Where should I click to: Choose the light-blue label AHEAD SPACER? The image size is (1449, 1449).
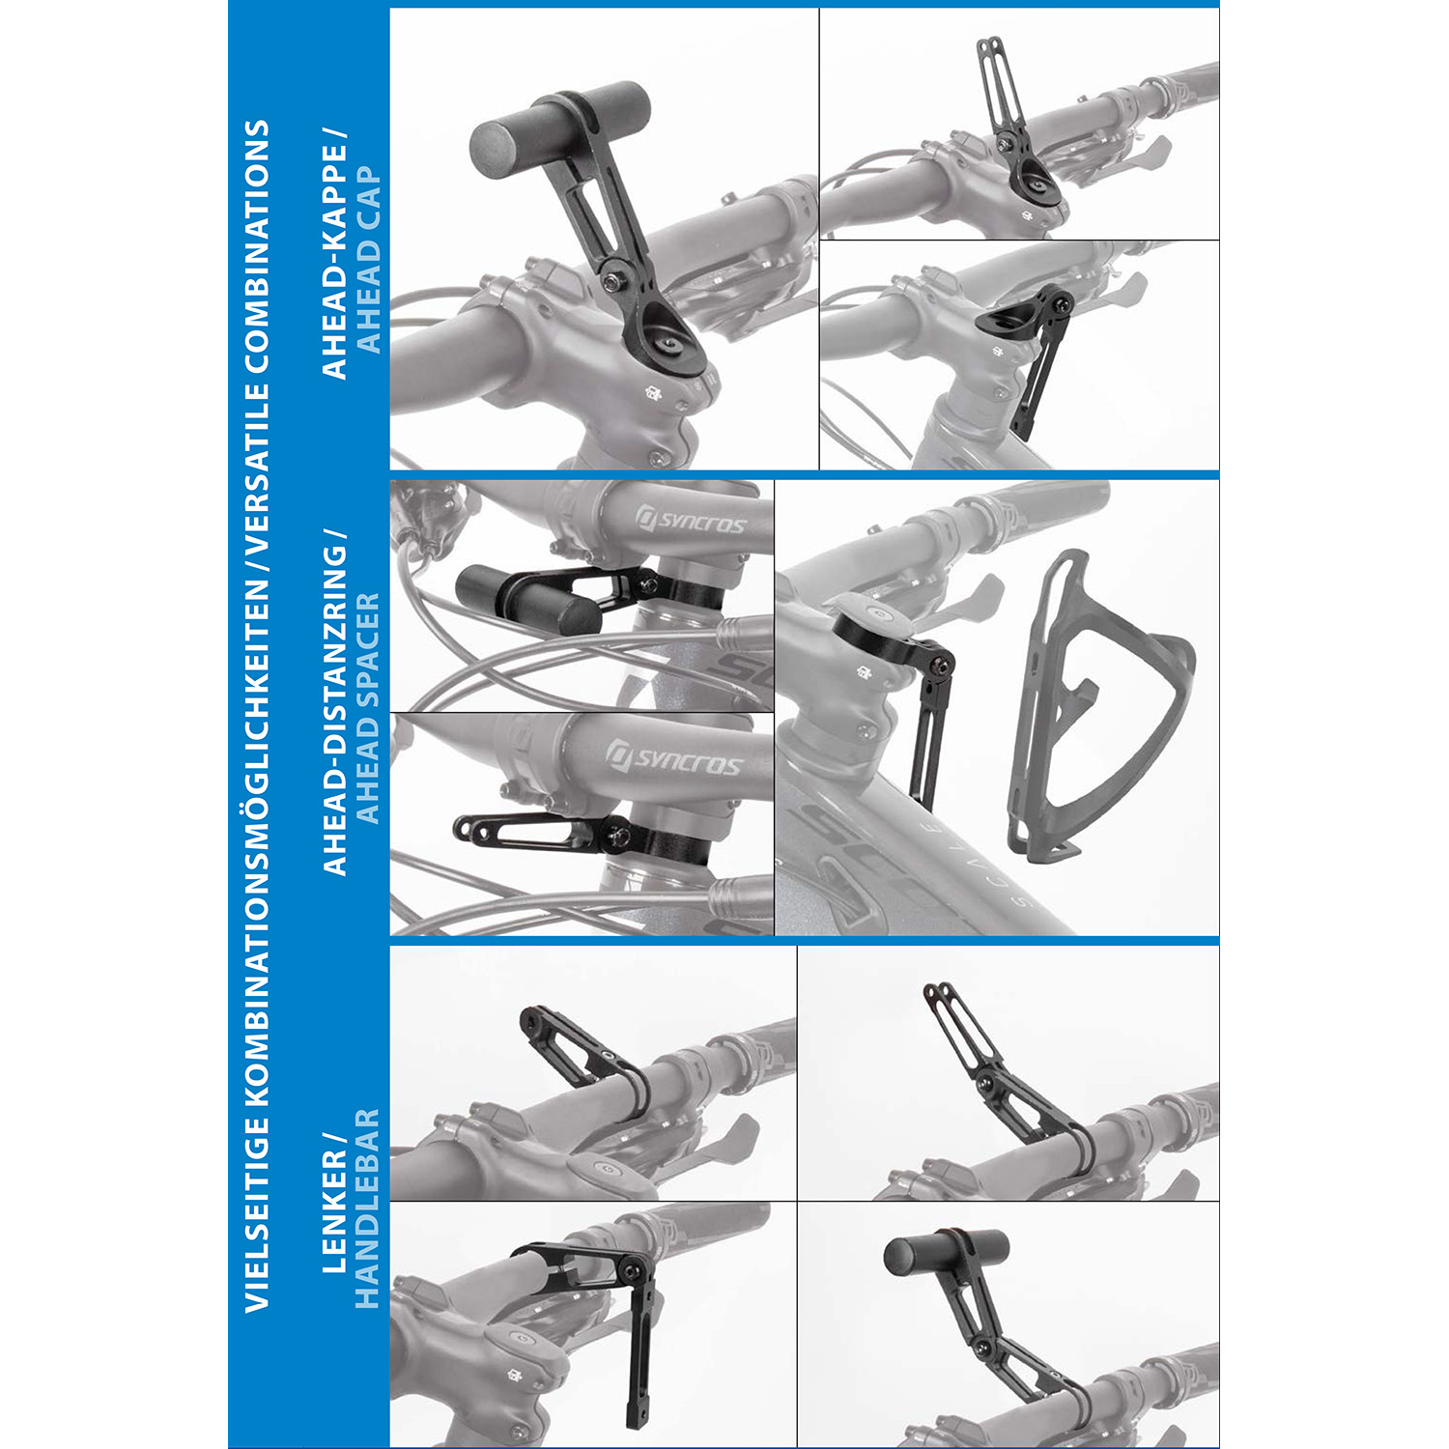tap(369, 708)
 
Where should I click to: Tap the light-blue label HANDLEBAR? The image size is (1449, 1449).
tap(369, 1208)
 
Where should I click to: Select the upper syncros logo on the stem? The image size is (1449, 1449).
tap(691, 521)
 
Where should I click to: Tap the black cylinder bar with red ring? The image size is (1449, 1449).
tap(947, 1253)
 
